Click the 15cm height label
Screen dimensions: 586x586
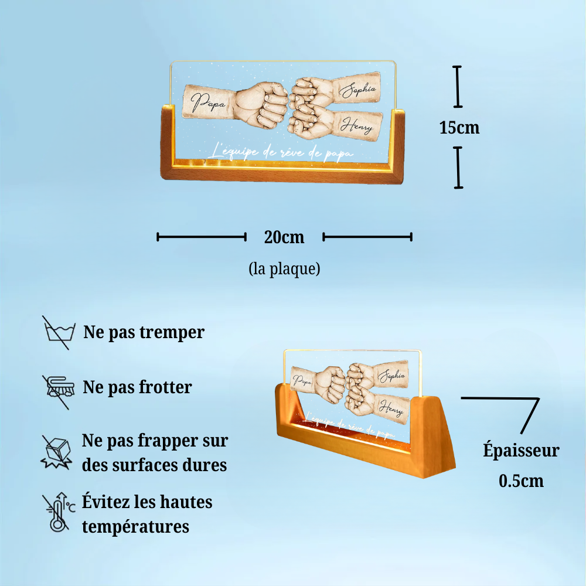459,127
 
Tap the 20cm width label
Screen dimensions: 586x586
284,237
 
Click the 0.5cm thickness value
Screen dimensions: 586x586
521,481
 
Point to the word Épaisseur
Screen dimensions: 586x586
521,451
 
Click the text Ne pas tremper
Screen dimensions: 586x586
144,332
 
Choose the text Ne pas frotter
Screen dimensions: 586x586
137,387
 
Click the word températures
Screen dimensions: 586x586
135,526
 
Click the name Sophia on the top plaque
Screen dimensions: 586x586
358,91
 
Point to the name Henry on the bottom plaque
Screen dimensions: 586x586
391,405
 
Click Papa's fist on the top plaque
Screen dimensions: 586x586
264,104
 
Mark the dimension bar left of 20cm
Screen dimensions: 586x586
201,237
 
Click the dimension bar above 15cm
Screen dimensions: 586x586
458,87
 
